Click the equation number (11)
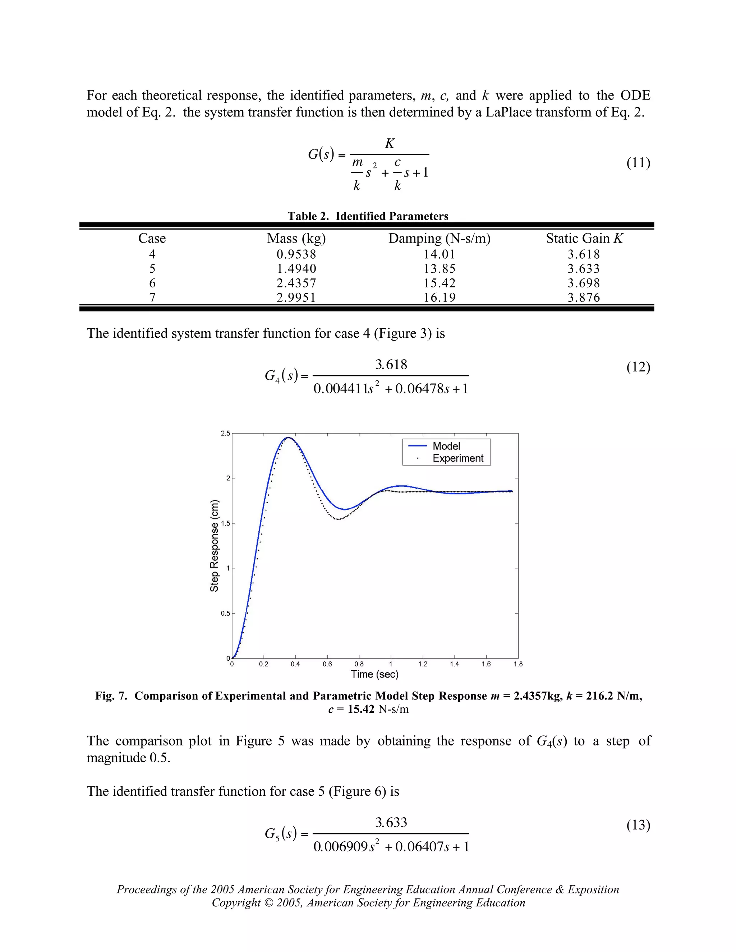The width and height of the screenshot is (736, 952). [638, 163]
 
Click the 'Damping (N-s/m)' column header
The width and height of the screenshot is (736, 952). [439, 239]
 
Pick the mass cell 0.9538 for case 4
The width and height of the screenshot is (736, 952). [296, 254]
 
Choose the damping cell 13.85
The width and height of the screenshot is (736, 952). [439, 268]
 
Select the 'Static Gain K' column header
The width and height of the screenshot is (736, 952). [584, 239]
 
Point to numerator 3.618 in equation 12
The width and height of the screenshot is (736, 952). [391, 364]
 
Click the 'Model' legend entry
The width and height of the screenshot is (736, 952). [446, 446]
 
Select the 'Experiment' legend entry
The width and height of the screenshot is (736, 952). [458, 458]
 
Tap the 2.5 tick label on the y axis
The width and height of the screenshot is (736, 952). [225, 433]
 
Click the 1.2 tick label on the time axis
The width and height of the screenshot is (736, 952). [423, 664]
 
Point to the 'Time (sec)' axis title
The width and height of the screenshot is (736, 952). [374, 674]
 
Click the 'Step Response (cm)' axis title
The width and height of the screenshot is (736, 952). [214, 545]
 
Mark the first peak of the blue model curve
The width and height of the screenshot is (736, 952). [288, 437]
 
